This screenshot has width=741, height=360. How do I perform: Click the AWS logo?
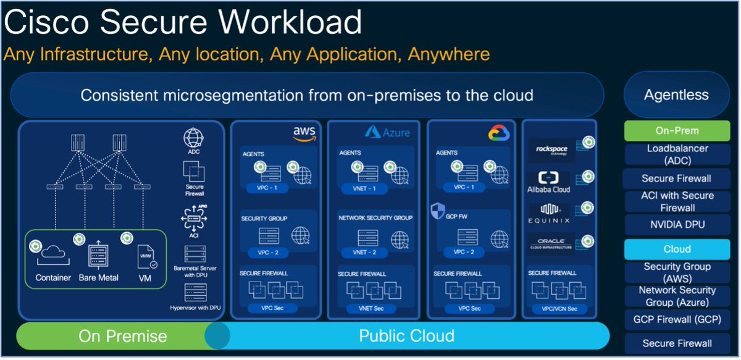(x=304, y=133)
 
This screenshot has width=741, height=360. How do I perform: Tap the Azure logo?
(x=387, y=132)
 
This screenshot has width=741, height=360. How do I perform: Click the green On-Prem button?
(x=669, y=131)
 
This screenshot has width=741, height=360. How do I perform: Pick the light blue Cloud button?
(x=669, y=249)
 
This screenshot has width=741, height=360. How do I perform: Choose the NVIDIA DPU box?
(x=669, y=224)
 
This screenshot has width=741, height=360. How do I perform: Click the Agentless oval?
(x=676, y=95)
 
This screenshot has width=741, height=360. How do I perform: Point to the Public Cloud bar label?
(x=406, y=336)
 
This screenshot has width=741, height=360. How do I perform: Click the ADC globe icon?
(x=194, y=137)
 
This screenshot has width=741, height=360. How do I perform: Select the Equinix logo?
(x=549, y=213)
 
